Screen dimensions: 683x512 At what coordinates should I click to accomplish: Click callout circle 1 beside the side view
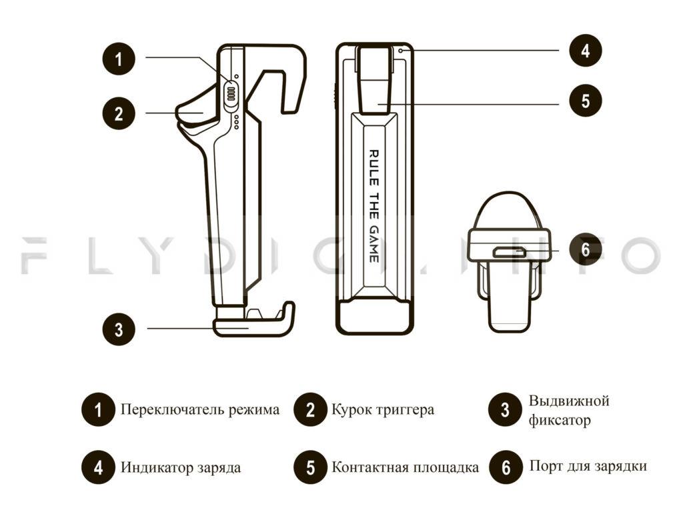(119, 58)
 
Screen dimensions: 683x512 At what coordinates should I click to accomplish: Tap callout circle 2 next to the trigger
(119, 112)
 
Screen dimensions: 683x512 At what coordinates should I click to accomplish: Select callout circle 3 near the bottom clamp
(119, 329)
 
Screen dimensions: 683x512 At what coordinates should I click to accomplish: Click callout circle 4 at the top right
(585, 50)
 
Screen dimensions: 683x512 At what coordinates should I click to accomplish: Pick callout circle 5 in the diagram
(585, 101)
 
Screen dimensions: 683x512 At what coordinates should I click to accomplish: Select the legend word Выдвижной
(569, 401)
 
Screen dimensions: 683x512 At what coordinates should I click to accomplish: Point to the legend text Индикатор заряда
(181, 467)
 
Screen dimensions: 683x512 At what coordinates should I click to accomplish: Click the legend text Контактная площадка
(405, 467)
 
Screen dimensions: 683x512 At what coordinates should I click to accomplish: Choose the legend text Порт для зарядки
(588, 466)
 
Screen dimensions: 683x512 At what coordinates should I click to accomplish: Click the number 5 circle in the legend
(311, 467)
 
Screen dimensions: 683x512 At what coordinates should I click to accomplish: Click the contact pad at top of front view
(374, 80)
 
